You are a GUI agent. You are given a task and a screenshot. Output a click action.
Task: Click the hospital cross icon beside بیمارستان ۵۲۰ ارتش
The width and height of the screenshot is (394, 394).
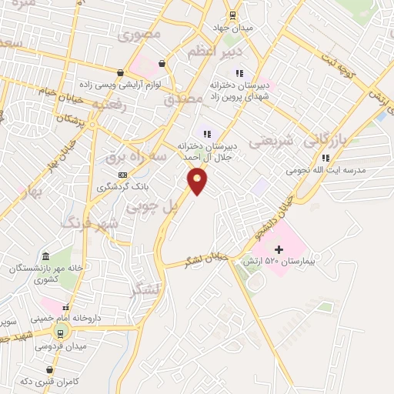[x=279, y=249]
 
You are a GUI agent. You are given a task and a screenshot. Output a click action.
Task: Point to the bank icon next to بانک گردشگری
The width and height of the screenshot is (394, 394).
[x=122, y=175]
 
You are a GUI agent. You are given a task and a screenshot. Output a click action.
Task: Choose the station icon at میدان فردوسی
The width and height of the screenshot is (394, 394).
[x=59, y=332]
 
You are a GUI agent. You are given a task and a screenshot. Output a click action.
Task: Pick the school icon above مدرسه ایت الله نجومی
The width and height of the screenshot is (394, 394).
[x=326, y=158]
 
